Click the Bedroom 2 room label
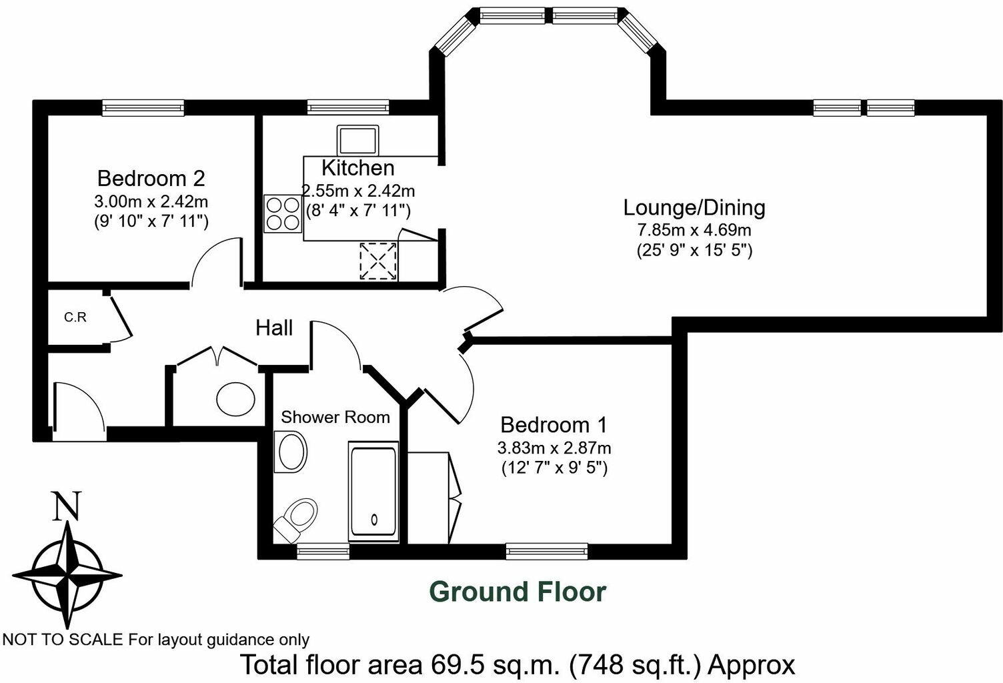151,179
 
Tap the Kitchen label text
358,167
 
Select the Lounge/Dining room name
694,207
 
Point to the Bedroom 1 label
554,425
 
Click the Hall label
274,328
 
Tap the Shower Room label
335,418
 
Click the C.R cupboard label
75,317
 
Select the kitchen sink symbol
358,140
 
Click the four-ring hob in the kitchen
283,213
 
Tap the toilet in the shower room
297,516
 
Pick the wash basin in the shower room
291,452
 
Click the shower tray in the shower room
373,492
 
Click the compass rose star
67,574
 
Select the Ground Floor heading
518,592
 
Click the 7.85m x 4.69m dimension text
694,231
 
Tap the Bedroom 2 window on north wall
143,107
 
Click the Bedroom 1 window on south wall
546,550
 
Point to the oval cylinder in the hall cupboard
235,399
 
